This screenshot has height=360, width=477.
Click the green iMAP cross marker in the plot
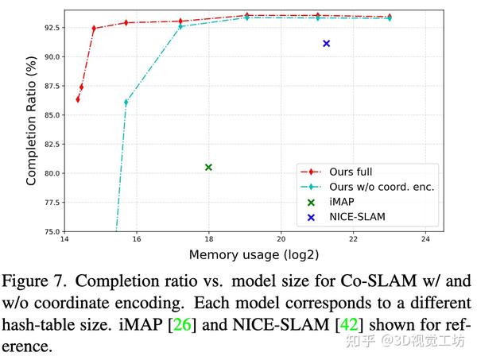[208, 167]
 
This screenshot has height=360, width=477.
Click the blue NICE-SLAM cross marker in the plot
[326, 44]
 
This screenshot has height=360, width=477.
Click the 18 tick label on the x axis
[208, 240]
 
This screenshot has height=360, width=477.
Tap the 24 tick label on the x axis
[425, 240]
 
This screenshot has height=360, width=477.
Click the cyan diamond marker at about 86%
[126, 103]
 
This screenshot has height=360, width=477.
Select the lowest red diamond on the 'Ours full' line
[77, 99]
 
